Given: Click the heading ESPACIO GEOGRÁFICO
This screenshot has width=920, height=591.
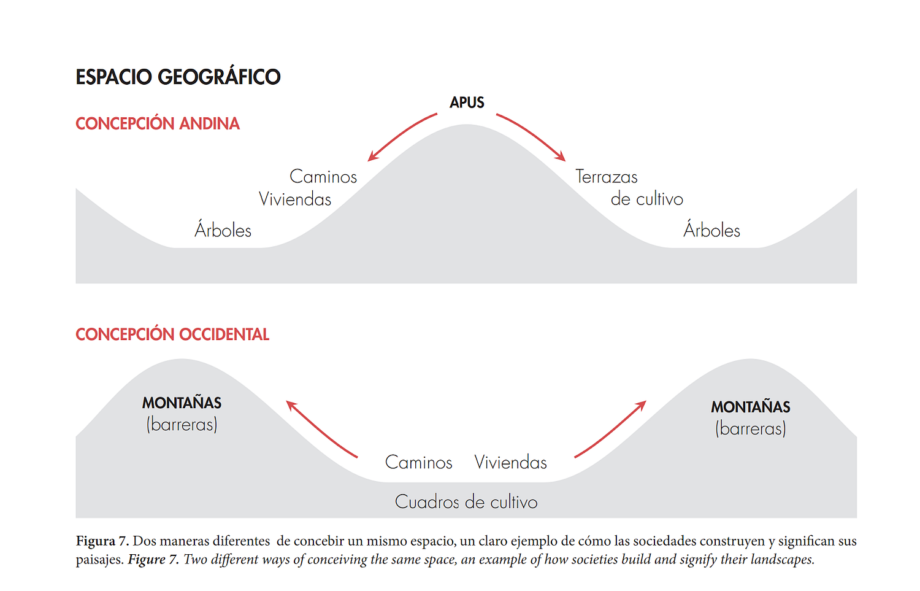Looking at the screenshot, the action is tap(178, 77).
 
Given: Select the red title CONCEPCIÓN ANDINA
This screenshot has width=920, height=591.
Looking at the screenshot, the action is tap(158, 124).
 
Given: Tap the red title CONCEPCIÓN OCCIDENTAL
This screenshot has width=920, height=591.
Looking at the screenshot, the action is tap(172, 334).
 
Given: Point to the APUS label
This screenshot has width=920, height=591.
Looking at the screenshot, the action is tap(467, 102).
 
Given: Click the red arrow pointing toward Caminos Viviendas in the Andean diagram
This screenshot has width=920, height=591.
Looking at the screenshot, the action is tap(401, 136).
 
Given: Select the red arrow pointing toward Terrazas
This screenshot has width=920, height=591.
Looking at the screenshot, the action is tap(532, 136).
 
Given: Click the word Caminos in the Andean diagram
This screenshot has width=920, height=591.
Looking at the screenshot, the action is tap(323, 177).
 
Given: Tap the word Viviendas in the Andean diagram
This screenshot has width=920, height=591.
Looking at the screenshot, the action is tap(295, 199).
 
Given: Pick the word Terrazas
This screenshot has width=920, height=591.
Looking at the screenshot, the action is tap(607, 177).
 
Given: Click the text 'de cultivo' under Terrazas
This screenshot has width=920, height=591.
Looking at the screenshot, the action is tap(647, 199).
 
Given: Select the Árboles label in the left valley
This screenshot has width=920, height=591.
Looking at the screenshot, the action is tap(223, 230).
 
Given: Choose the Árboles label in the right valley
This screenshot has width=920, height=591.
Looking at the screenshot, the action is tap(712, 230).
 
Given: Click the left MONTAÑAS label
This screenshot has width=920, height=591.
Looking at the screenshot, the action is tap(182, 403).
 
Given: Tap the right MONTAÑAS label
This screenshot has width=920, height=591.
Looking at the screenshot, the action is tap(751, 407).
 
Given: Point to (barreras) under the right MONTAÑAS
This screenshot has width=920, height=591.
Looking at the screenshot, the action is tap(751, 428).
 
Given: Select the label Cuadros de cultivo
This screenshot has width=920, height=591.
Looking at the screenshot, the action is tap(466, 502).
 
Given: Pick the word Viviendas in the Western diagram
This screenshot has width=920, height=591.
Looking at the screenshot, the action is tap(510, 462).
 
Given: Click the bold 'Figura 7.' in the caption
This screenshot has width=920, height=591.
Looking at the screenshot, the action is tap(102, 541).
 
